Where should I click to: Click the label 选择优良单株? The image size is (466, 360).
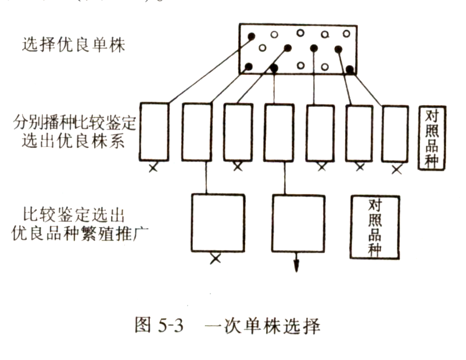(x=73, y=45)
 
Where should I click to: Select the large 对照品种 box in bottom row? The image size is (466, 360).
(x=375, y=226)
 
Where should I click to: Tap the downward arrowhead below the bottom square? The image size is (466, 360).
(x=296, y=267)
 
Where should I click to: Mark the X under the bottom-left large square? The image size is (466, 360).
(x=215, y=258)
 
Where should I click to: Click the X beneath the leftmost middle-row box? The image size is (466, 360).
(x=153, y=168)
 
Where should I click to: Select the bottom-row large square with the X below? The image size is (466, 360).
(x=218, y=222)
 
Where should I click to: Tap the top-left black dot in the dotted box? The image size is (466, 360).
(x=252, y=36)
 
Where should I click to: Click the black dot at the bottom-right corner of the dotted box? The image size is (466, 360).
(x=350, y=70)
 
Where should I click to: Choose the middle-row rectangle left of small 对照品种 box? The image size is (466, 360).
(x=395, y=132)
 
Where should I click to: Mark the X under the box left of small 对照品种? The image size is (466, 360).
(x=397, y=169)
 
